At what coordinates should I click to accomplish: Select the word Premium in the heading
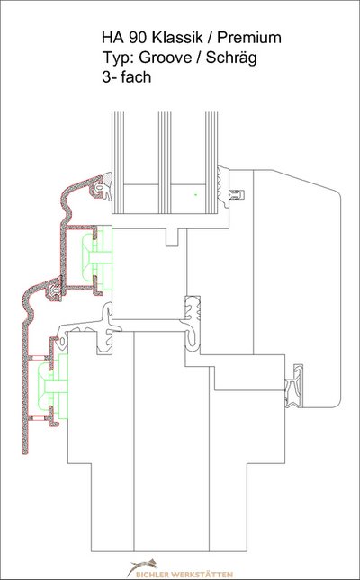pos(249,38)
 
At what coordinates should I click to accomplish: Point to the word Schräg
pos(231,58)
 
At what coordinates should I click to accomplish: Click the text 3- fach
pos(127,77)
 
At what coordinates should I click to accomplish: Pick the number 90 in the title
pos(138,38)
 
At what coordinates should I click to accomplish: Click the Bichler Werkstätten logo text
pos(184,574)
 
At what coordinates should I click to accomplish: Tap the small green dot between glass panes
pos(196,194)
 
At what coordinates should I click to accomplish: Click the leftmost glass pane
pos(118,163)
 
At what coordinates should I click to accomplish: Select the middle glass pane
pos(165,163)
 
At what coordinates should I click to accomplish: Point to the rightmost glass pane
pos(211,163)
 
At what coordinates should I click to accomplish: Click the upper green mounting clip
pos(96,258)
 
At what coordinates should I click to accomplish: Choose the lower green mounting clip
pos(53,387)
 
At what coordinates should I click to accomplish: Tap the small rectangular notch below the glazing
pos(172,237)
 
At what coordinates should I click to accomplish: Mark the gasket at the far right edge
pos(294,386)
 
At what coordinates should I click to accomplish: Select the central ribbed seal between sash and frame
pos(193,323)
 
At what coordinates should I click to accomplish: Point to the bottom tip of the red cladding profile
pos(25,452)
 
